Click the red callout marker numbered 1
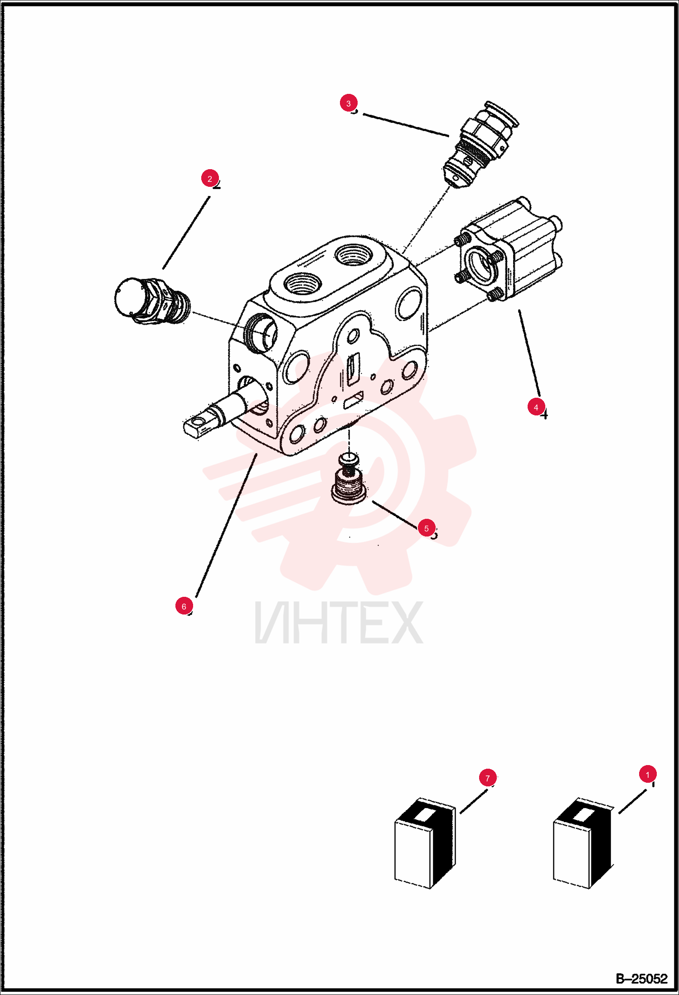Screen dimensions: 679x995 (x=647, y=774)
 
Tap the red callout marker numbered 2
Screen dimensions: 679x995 (x=209, y=179)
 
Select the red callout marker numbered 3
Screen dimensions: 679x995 (x=348, y=103)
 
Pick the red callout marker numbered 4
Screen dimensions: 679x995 (x=536, y=407)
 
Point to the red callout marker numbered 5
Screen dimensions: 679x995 (x=426, y=528)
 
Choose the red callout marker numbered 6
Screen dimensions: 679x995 (x=184, y=606)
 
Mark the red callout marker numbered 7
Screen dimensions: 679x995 (x=487, y=778)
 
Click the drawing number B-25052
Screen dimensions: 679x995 (x=641, y=979)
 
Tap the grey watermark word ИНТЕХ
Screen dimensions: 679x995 (x=339, y=622)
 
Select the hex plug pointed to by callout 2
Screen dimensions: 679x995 (x=152, y=301)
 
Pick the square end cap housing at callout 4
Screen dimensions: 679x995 (x=509, y=250)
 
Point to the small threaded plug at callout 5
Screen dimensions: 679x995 (x=349, y=479)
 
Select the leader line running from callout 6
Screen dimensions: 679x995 (x=226, y=525)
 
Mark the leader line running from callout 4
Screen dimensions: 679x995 (x=529, y=353)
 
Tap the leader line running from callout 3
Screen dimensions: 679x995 (x=406, y=125)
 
